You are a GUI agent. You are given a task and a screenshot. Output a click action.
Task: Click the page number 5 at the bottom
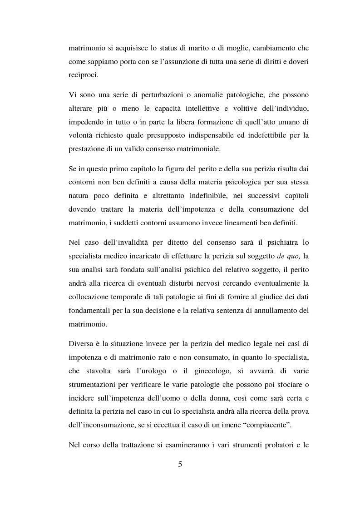pyautogui.click(x=180, y=464)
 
